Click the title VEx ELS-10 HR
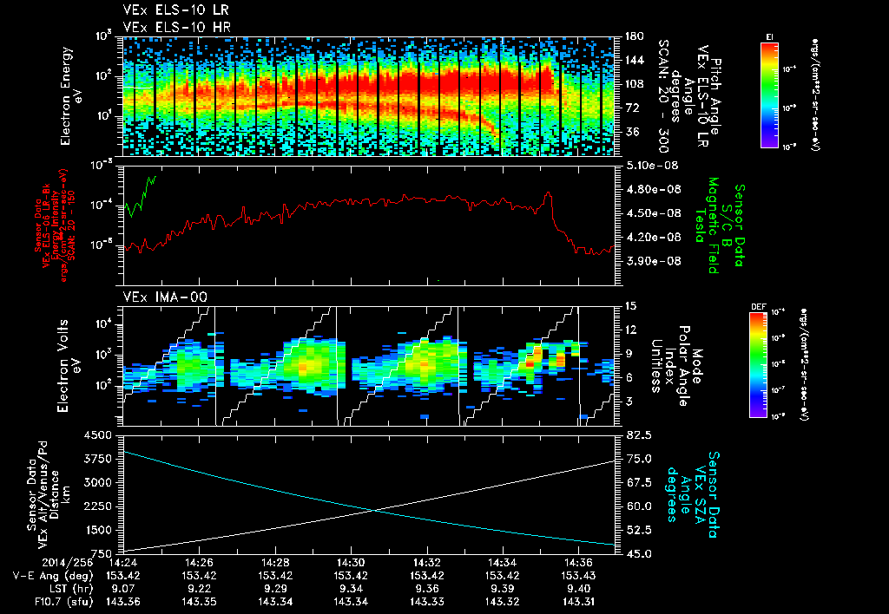pos(169,28)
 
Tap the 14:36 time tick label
pos(577,562)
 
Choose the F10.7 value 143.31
pos(577,601)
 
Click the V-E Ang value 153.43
pos(577,575)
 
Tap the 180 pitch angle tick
pos(632,36)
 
